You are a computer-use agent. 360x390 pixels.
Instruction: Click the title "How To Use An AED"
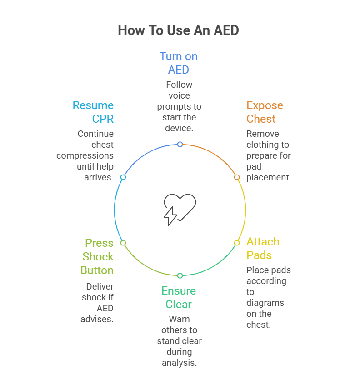[x=178, y=30]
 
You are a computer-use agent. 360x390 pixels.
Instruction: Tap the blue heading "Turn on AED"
[x=178, y=63]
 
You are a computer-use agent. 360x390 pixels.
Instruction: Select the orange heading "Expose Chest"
[x=265, y=112]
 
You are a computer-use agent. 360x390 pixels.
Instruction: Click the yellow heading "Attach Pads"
[x=263, y=248]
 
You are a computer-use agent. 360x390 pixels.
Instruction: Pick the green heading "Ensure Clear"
[x=180, y=297]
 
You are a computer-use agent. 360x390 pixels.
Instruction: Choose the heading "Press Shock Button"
[x=97, y=256]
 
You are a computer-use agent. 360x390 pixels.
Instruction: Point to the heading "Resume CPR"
[x=93, y=112]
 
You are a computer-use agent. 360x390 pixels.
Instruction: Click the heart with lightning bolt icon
[x=179, y=210]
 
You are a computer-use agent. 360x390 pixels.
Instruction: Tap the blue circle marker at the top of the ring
[x=180, y=144]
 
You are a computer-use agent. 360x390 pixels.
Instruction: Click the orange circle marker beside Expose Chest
[x=237, y=177]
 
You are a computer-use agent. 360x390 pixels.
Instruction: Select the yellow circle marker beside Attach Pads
[x=237, y=243]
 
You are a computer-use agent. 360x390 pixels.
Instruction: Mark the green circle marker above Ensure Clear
[x=180, y=275]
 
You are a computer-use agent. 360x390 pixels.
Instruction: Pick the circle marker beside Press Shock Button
[x=123, y=243]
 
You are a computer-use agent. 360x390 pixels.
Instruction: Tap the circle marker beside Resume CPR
[x=123, y=177]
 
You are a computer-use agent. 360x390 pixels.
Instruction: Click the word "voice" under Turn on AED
[x=179, y=95]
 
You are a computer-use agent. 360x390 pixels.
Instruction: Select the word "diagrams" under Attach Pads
[x=265, y=303]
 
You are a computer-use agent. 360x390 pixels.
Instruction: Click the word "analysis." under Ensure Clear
[x=179, y=363]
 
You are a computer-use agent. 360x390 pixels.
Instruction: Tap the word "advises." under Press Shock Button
[x=97, y=319]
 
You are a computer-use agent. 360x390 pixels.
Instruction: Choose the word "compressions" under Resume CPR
[x=85, y=155]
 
